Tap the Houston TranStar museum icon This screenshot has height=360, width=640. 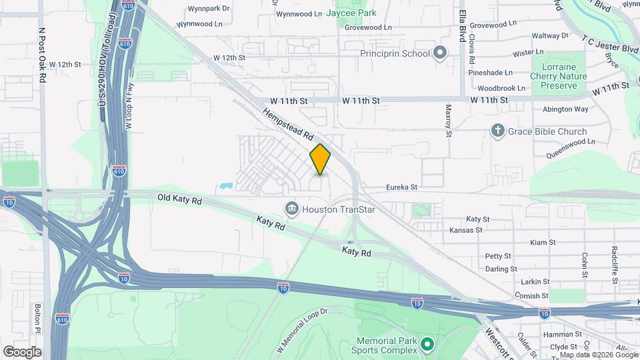(x=291, y=209)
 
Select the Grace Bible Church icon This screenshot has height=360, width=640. (x=497, y=131)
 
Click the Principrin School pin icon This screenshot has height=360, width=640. (x=440, y=53)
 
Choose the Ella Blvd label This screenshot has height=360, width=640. (x=461, y=25)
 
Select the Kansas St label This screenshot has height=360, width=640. (x=465, y=230)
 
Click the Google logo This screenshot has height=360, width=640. (x=22, y=351)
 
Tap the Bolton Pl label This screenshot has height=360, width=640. (x=38, y=319)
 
